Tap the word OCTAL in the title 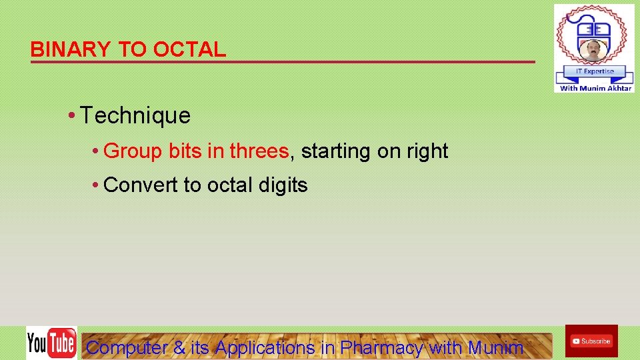[189, 49]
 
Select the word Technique [135, 116]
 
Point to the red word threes [259, 151]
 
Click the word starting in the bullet [337, 151]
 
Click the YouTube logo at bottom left [51, 343]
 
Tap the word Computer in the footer [127, 347]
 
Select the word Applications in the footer [265, 347]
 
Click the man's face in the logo [593, 49]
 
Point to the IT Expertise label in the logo [594, 71]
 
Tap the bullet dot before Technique [71, 116]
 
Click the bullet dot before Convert [97, 185]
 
